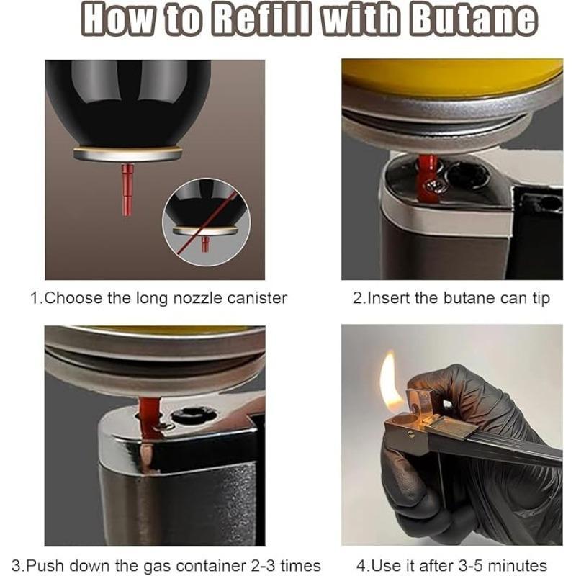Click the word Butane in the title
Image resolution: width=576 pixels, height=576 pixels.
tap(472, 21)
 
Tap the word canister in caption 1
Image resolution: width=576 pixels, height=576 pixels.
tap(251, 297)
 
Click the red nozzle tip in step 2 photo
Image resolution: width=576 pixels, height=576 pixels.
tap(430, 180)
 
